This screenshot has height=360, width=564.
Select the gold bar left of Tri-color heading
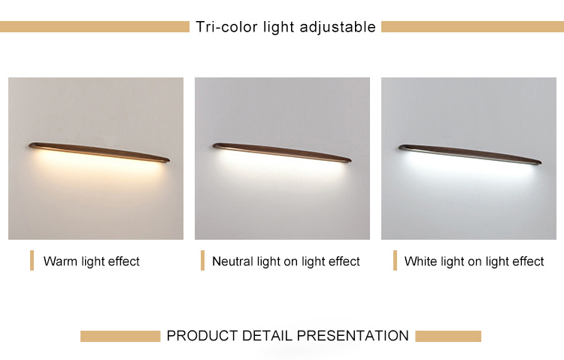click(95, 26)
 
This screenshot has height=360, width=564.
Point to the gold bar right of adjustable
click(473, 26)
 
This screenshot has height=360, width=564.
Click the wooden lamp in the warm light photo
click(99, 152)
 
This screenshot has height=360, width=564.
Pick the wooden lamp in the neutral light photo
click(282, 153)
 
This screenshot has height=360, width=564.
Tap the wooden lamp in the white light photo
click(470, 154)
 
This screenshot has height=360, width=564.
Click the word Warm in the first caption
click(60, 261)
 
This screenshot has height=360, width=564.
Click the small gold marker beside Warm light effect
click(32, 260)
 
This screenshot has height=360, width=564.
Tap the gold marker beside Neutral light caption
click(202, 260)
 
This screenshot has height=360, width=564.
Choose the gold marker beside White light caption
click(395, 260)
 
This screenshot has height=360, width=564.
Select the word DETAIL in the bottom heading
click(267, 336)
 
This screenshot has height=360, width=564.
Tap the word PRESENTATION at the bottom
click(353, 336)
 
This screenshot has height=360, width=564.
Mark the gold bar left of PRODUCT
click(120, 336)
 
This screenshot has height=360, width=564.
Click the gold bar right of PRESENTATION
click(448, 336)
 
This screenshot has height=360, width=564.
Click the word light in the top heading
click(278, 28)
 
